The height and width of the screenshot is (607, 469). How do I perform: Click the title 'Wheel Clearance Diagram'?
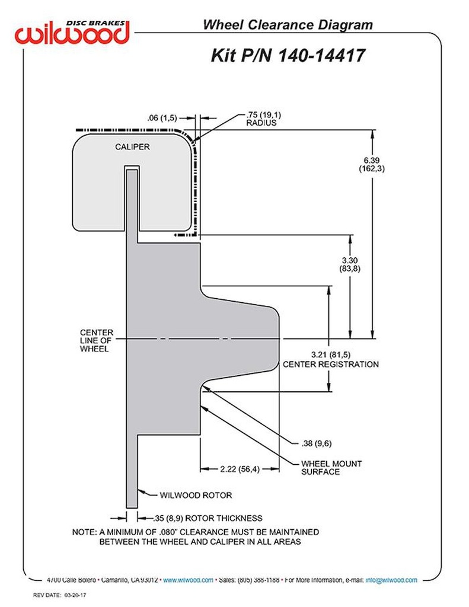click(288, 25)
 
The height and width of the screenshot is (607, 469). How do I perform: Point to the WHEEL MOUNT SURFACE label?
click(331, 468)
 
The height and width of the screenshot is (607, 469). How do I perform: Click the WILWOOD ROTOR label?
click(195, 495)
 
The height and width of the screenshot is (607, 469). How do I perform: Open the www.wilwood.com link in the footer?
click(188, 580)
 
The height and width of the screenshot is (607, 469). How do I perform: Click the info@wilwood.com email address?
click(391, 580)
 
